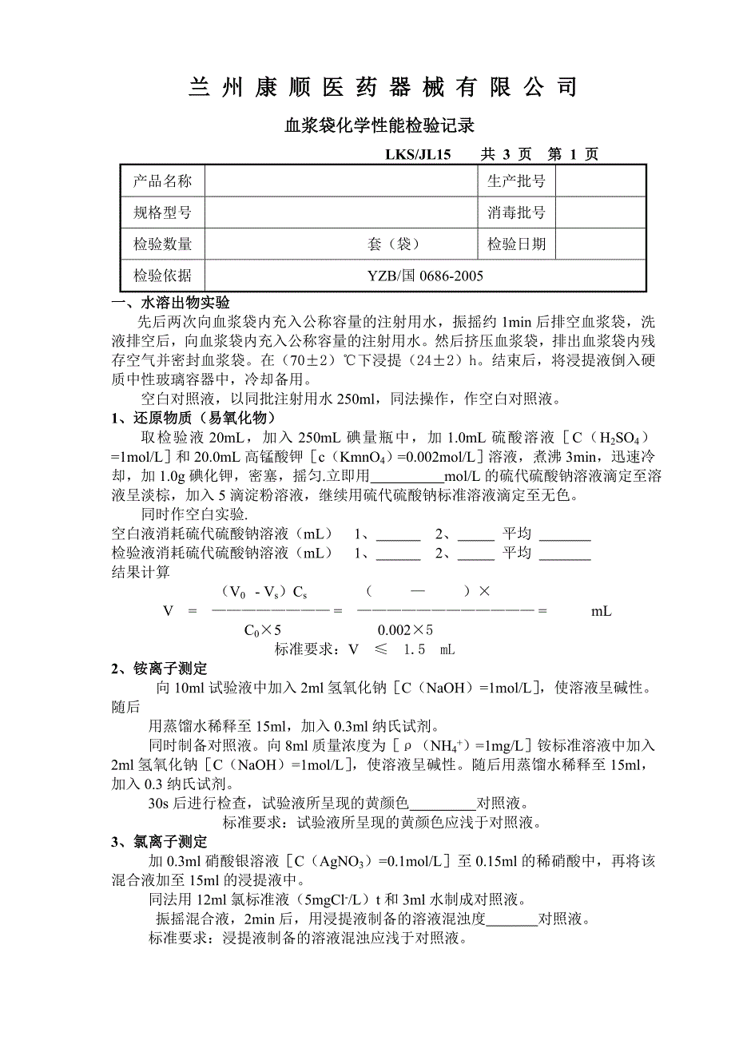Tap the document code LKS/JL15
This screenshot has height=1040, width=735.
418,154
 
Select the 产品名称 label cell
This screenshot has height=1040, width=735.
162,181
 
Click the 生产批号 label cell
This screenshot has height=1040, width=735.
516,181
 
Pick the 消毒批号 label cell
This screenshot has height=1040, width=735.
516,212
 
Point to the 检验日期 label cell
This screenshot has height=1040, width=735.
516,244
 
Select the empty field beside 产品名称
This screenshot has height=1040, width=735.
341,181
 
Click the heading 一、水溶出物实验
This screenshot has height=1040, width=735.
171,304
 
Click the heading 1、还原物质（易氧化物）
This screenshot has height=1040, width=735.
193,419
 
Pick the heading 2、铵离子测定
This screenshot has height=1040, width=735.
158,669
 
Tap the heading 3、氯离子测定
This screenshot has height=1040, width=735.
158,842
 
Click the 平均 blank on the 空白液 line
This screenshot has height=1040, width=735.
565,536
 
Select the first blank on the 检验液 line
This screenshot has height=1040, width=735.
397,554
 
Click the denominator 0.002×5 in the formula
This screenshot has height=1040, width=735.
405,630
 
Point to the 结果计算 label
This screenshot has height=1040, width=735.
141,572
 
